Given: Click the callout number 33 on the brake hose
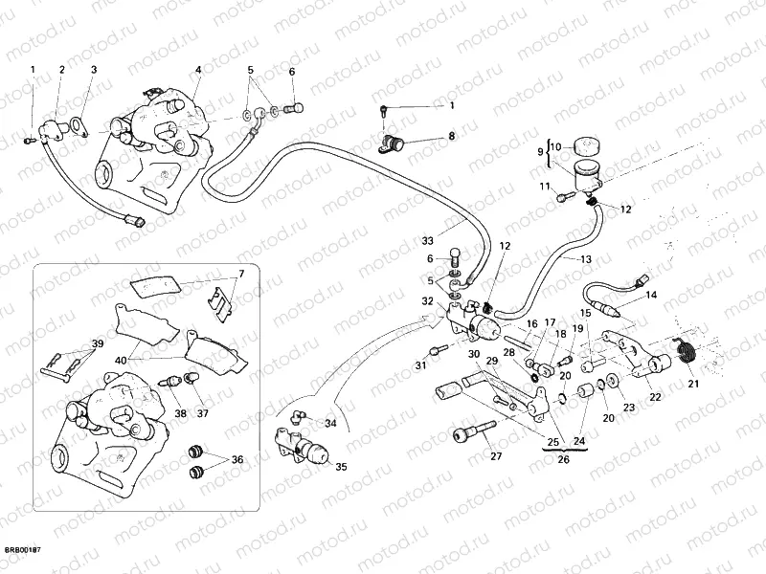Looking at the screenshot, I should coord(426,239).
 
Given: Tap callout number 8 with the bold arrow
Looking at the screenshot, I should coord(453,137).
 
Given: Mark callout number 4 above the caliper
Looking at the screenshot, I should coord(198,70).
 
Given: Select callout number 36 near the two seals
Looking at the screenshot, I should coord(237,460).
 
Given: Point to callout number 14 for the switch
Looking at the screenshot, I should coord(651,296).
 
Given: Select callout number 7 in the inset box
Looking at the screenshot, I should coord(241,274).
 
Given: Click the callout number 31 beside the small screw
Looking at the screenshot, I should coord(420,365).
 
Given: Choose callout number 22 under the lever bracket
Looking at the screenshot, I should coord(655,397).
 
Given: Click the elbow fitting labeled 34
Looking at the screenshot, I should coord(298,416).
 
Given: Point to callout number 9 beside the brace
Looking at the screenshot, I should coord(540,151).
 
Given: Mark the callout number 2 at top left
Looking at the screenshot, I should coord(62,70).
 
